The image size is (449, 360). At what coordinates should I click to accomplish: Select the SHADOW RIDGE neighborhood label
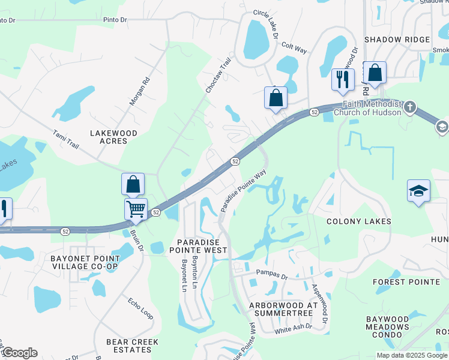[x=397, y=40]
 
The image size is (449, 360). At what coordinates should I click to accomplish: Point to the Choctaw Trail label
[x=218, y=75]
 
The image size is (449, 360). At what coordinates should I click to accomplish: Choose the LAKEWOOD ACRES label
[x=113, y=137]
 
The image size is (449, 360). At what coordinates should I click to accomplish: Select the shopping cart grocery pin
[x=136, y=209]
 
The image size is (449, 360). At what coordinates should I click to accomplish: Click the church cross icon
[x=410, y=107]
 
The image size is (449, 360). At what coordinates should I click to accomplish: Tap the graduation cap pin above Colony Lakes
[x=418, y=191]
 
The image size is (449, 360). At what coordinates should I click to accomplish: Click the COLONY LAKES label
[x=358, y=221]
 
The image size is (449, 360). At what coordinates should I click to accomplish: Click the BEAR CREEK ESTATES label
[x=132, y=346]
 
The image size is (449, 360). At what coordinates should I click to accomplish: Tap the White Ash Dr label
[x=294, y=328]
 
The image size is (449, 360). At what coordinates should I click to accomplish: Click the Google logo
[x=20, y=353]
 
